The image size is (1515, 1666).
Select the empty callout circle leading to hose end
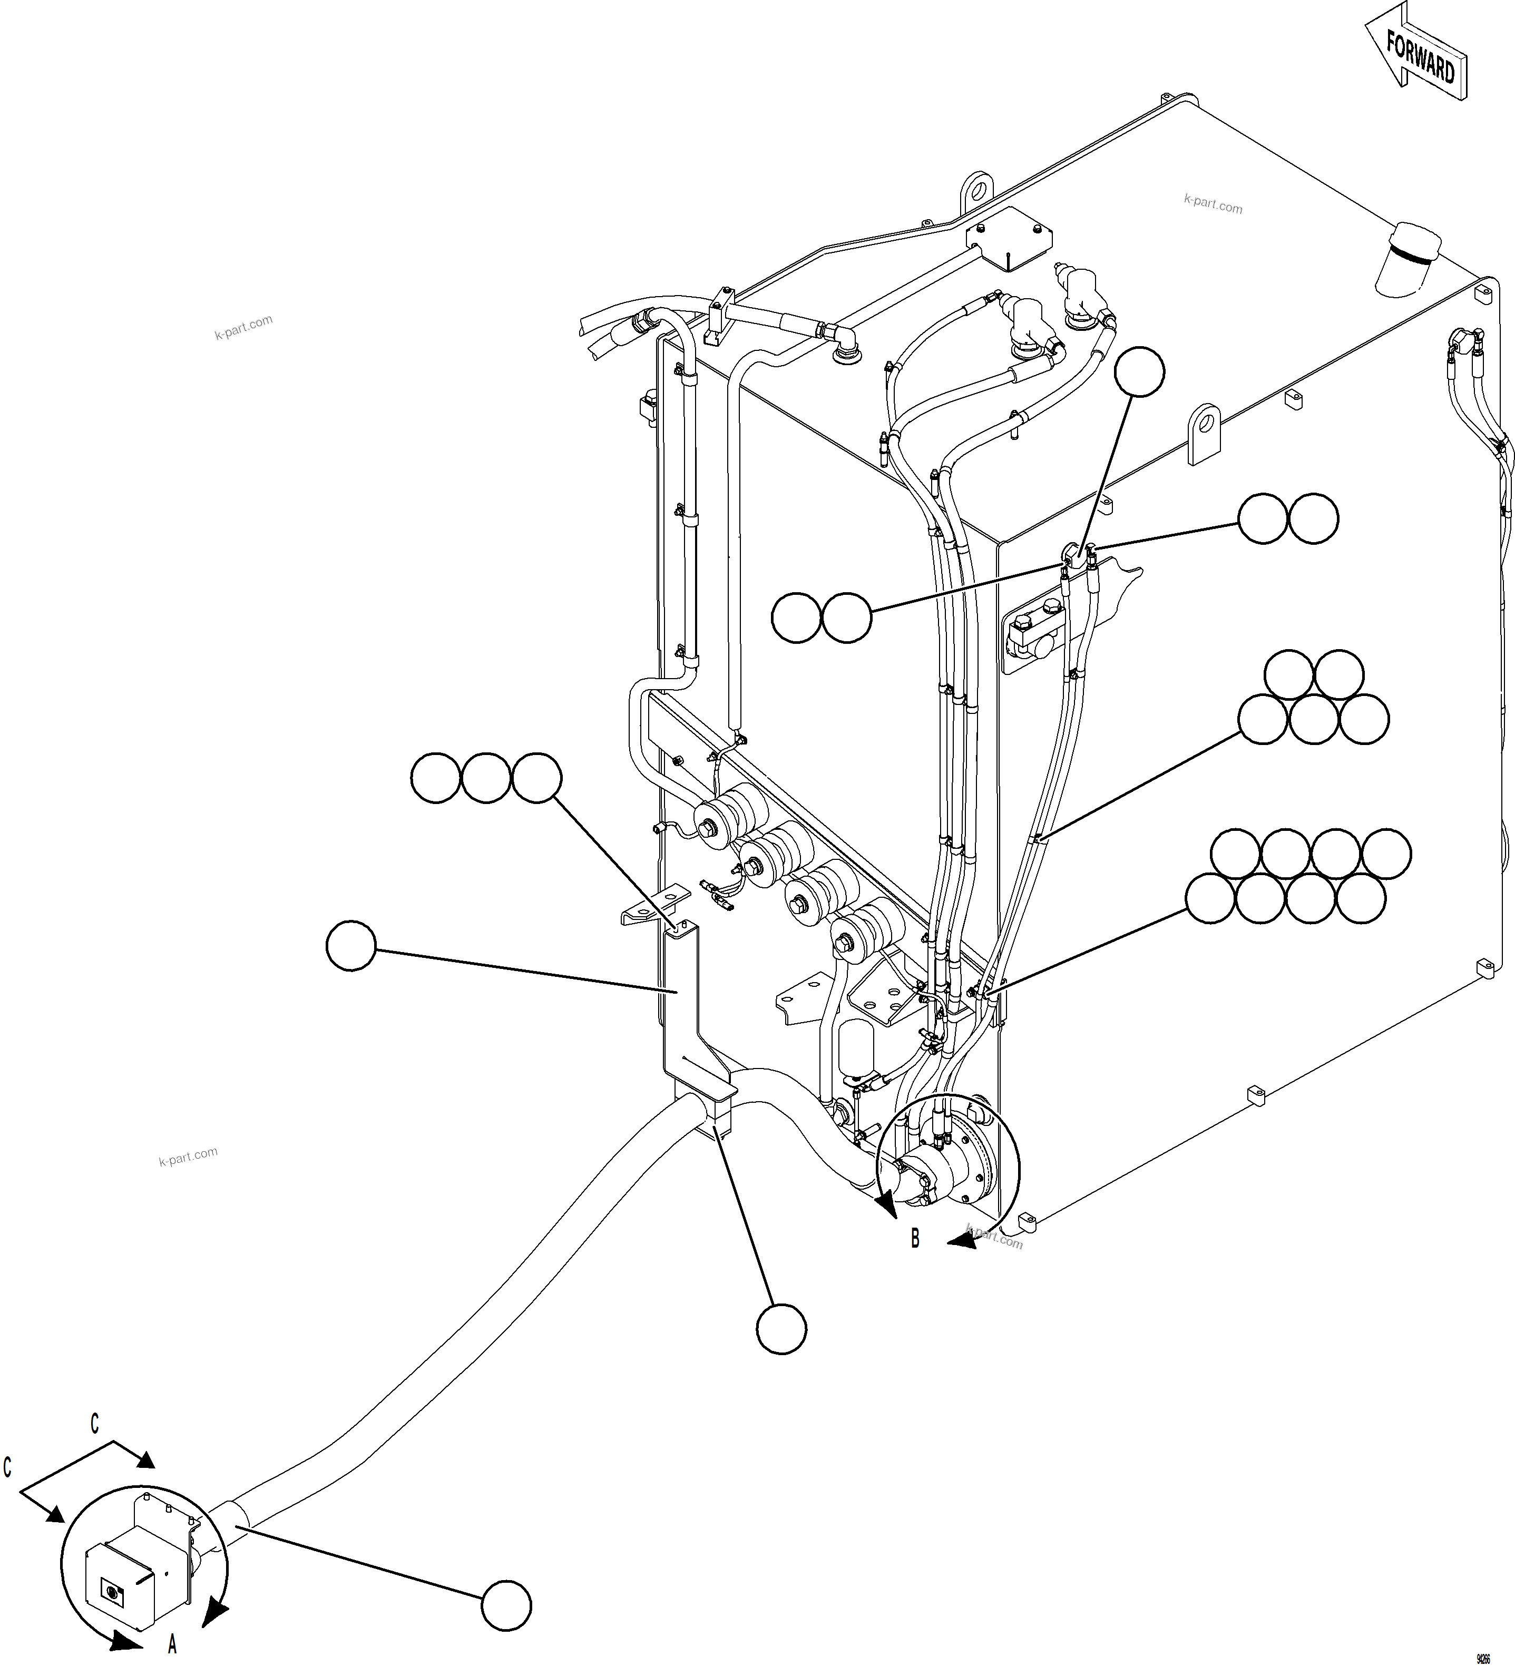coord(506,1606)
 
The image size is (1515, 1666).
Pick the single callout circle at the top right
coord(1140,373)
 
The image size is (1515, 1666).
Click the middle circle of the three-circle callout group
coord(486,778)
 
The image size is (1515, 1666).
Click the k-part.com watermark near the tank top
coord(1213,203)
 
